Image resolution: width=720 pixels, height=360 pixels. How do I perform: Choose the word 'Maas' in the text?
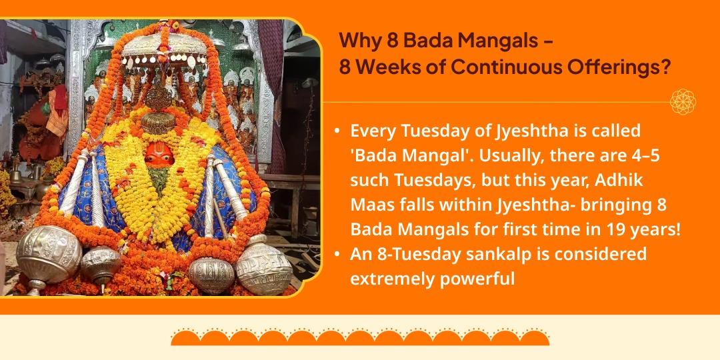pos(373,205)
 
